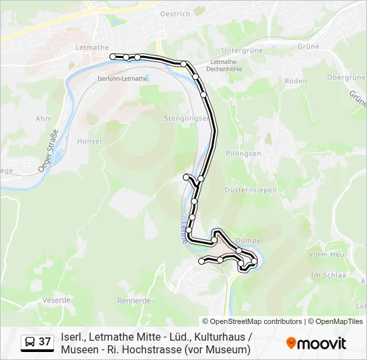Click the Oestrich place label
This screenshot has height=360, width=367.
pos(175,13)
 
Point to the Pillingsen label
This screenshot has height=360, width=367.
pos(243,153)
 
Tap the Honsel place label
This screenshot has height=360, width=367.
pos(89,141)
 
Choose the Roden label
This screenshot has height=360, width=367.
pos(295,81)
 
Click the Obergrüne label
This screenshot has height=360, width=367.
pos(346,77)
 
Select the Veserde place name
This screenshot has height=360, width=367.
pos(56,300)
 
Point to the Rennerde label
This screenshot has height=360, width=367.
pos(134,300)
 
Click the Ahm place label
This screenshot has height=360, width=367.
pos(43,119)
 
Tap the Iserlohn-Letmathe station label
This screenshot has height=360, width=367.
pos(122,78)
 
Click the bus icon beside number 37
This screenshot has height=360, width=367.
pos(29,342)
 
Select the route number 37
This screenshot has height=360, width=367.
pos(45,342)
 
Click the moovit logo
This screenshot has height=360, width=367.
pos(316,343)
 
